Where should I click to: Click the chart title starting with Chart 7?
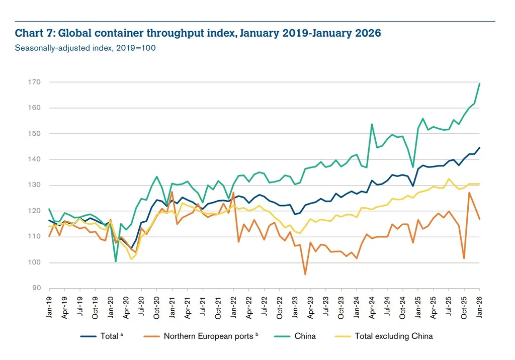(x=198, y=34)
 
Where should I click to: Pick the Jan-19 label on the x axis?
(x=49, y=305)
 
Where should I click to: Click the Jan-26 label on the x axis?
(x=479, y=305)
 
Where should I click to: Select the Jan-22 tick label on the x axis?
(x=233, y=305)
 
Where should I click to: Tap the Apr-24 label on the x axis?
(x=372, y=305)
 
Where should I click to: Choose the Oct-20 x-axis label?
(x=157, y=305)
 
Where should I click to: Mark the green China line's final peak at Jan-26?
(x=479, y=83)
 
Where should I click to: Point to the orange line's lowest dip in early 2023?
(x=305, y=274)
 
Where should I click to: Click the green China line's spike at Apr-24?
(x=372, y=124)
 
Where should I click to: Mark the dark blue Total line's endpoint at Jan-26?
(x=479, y=147)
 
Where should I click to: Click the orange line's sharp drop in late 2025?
(x=464, y=258)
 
